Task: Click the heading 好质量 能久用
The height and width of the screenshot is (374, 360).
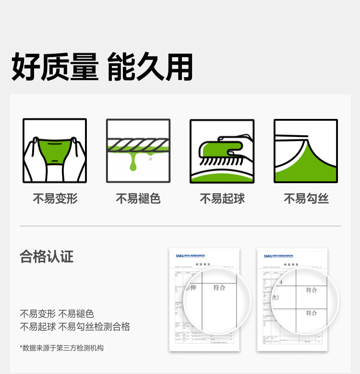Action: (102, 67)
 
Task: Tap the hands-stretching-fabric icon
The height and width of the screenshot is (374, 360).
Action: (55, 151)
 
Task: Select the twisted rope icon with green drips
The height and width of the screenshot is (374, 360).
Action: (138, 151)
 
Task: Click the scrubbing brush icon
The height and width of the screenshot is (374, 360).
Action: (222, 151)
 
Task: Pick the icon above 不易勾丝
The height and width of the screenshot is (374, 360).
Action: (306, 151)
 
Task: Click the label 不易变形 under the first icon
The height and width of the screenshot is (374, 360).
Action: (55, 199)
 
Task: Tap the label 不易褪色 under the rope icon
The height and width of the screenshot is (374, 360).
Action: (138, 199)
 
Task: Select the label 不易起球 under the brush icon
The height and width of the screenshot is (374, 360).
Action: (222, 199)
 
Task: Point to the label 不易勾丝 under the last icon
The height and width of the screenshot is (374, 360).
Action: (306, 199)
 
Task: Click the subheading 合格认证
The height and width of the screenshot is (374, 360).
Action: (47, 257)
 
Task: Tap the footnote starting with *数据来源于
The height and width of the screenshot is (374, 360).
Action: (61, 348)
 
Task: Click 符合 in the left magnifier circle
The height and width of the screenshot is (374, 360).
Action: (219, 288)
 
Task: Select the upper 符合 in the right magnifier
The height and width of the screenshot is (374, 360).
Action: (312, 290)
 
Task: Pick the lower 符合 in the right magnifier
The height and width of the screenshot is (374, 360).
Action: (312, 313)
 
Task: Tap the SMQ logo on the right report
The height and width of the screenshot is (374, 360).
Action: (267, 256)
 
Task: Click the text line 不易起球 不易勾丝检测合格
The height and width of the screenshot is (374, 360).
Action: (75, 327)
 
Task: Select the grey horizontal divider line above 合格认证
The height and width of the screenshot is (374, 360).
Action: (180, 226)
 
